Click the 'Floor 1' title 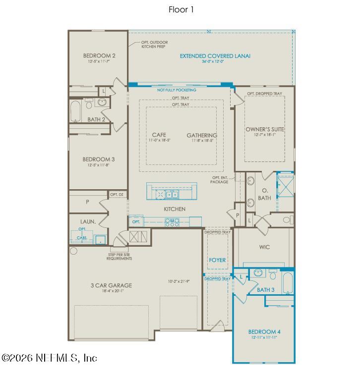[x=181, y=9]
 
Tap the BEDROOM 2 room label [x=99, y=55]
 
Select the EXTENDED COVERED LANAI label [x=215, y=56]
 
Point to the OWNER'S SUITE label [x=264, y=129]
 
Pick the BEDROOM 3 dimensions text [x=99, y=165]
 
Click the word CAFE [x=159, y=135]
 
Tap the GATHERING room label [x=202, y=135]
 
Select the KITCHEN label [x=175, y=209]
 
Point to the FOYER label [x=217, y=260]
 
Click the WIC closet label [x=264, y=247]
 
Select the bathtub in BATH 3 [x=288, y=283]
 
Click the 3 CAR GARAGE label [x=104, y=285]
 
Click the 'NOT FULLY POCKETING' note [x=177, y=90]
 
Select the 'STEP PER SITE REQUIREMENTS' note [x=120, y=257]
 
